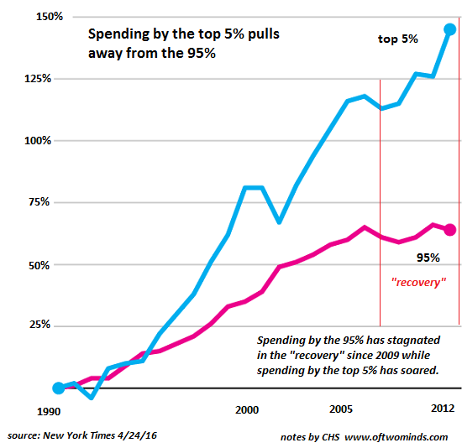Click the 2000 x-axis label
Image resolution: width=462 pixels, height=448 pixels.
pyautogui.click(x=246, y=410)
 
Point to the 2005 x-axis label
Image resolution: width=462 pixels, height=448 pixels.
pyautogui.click(x=340, y=410)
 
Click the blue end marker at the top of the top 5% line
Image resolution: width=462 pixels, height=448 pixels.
pyautogui.click(x=450, y=29)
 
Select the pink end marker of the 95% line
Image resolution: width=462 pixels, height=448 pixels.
pyautogui.click(x=450, y=229)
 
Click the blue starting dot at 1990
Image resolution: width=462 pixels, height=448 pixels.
pyautogui.click(x=58, y=388)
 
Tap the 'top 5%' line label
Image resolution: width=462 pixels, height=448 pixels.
pyautogui.click(x=398, y=39)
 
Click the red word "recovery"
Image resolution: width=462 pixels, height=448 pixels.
pyautogui.click(x=417, y=283)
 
